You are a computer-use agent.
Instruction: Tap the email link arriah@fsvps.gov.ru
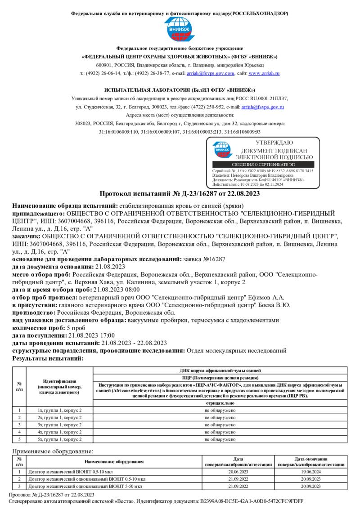click(x=262, y=107)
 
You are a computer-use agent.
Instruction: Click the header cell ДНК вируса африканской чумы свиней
click(x=220, y=370)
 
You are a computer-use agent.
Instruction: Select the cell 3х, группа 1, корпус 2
click(x=59, y=424)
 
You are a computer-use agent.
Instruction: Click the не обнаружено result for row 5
click(x=220, y=439)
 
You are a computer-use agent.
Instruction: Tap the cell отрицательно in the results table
click(x=220, y=403)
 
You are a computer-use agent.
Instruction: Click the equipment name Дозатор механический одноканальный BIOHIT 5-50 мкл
click(x=85, y=487)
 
